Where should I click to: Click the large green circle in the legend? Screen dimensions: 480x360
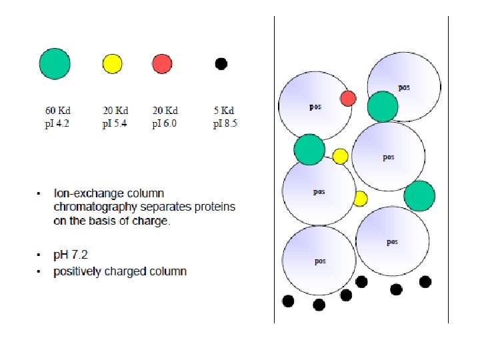55,63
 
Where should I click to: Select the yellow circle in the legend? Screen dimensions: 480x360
112,63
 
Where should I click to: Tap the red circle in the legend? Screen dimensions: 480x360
162,63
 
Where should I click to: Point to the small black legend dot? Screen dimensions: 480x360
221,63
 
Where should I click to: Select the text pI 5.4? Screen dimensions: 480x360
115,123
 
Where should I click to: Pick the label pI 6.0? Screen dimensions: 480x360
165,123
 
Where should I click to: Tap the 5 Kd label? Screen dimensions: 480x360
224,111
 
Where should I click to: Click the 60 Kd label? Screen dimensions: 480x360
57,111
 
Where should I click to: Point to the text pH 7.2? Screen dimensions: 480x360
71,255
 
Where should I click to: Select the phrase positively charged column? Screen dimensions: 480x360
120,271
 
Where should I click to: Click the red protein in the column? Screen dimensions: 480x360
348,99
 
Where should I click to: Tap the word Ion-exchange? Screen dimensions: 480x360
83,193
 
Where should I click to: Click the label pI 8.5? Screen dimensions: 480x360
225,123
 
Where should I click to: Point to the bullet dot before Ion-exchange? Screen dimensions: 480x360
40,194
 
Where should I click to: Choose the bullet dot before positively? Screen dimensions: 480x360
40,272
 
